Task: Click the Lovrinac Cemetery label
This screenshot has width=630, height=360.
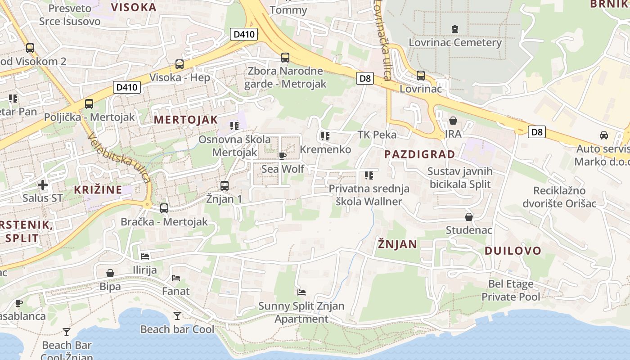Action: point(455,43)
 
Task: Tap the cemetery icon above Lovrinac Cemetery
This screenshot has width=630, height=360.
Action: point(455,29)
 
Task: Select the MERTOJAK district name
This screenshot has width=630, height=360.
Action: point(186,120)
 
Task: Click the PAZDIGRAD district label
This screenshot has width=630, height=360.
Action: point(419,154)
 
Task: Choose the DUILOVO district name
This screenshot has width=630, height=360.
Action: point(513,251)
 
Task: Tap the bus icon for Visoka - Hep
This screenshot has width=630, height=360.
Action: point(180,64)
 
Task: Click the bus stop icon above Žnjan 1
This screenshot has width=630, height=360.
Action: point(224,185)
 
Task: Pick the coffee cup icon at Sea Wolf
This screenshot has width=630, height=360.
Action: point(282,156)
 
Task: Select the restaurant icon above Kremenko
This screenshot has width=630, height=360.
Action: point(325,136)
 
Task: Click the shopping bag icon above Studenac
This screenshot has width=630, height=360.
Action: point(469,217)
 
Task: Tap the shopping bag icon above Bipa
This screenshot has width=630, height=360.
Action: point(110,273)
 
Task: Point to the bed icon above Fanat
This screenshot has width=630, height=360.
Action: point(176,278)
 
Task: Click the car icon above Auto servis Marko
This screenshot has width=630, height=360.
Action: point(603,135)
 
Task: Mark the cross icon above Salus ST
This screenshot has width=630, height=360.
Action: point(43,185)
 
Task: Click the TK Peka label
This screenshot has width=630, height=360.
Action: point(377,135)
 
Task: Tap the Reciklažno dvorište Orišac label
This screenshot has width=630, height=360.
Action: point(559,197)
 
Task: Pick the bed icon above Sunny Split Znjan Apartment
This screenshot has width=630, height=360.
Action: point(301,292)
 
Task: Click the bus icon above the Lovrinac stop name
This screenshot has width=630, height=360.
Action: point(421,76)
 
